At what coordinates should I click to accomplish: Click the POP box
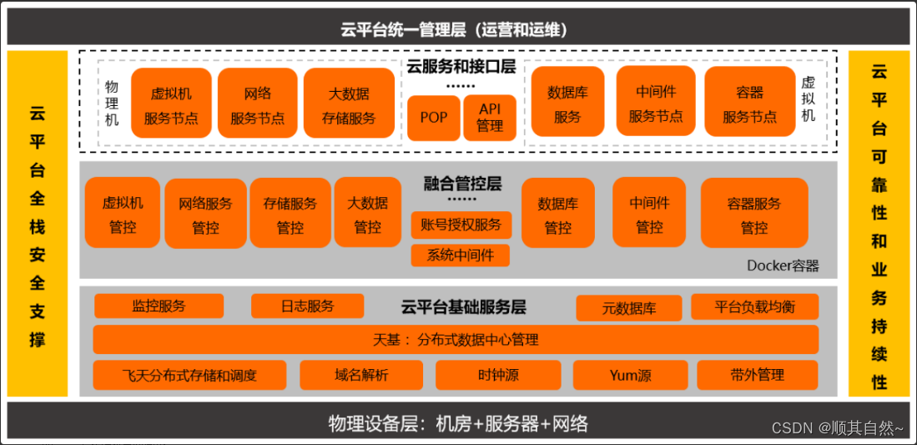click(434, 118)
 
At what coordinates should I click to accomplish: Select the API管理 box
click(490, 118)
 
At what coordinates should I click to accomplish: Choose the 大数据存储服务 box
click(349, 104)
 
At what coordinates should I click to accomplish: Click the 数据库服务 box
click(567, 104)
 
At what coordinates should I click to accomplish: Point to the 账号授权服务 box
click(460, 225)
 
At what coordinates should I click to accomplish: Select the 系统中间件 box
click(460, 255)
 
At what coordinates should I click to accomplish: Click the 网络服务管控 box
click(205, 214)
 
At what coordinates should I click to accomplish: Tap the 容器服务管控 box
click(753, 214)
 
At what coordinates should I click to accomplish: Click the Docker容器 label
click(783, 266)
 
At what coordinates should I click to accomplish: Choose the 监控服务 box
click(159, 306)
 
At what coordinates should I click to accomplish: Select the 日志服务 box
click(307, 306)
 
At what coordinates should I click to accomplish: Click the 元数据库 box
click(629, 308)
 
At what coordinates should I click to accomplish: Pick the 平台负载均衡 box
click(754, 306)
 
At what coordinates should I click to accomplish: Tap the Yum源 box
click(630, 376)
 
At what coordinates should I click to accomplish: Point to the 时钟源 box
click(498, 376)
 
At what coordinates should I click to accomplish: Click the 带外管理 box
click(757, 376)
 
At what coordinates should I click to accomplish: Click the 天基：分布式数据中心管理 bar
click(455, 340)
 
